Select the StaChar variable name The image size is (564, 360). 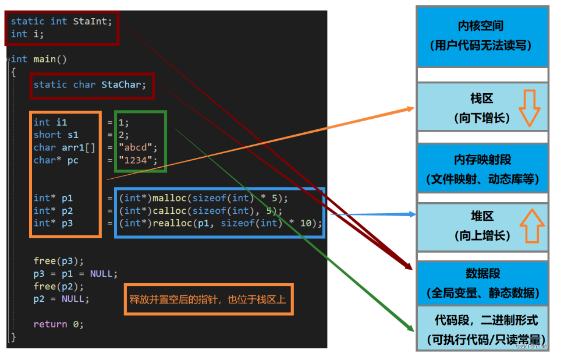pos(121,84)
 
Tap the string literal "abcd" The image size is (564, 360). pos(138,147)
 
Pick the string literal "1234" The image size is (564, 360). pos(138,160)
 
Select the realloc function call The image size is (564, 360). pos(169,224)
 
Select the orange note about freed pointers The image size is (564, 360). pos(208,299)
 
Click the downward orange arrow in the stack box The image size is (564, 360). pos(529,108)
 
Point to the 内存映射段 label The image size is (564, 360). pos(483,160)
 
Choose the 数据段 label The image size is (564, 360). pos(483,273)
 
